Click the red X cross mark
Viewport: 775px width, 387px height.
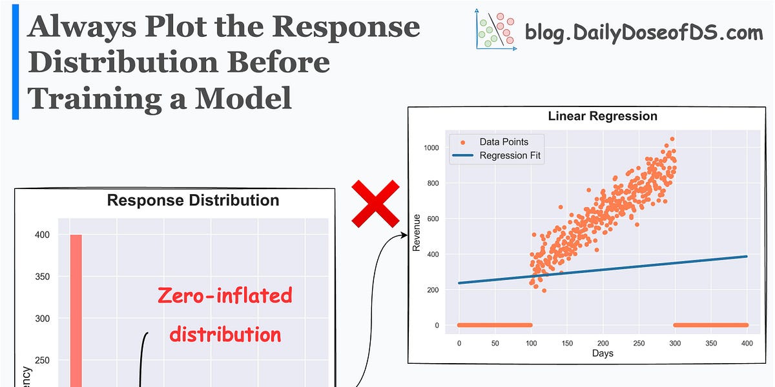tap(375, 203)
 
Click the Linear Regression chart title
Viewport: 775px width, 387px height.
tap(602, 116)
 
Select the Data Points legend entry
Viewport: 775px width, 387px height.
tap(503, 142)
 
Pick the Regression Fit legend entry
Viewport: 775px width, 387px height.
tap(510, 155)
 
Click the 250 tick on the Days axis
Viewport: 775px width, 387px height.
tap(639, 344)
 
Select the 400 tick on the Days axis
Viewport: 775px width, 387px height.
tap(747, 344)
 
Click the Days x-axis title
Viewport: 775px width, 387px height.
tap(602, 353)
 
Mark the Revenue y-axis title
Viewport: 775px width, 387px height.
tap(417, 236)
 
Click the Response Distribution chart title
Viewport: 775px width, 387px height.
tap(193, 200)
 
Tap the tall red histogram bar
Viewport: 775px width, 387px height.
tap(76, 310)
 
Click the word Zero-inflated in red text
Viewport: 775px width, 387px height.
tap(225, 295)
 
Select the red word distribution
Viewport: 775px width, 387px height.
tap(225, 334)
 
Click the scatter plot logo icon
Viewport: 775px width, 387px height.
tap(495, 30)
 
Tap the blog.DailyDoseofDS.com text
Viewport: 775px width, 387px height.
tap(643, 31)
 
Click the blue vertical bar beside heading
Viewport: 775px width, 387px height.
tap(15, 62)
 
